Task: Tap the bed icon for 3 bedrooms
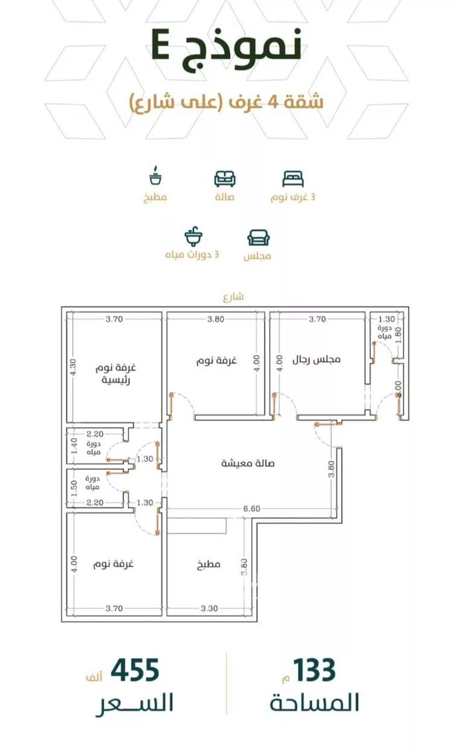pos(293,178)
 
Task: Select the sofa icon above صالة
pos(225,178)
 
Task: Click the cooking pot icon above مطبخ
pos(155,176)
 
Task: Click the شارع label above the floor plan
pos(233,297)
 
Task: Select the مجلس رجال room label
pos(316,359)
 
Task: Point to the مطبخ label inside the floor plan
pos(208,565)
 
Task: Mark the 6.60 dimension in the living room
pos(252,509)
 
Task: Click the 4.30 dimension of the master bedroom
pos(74,368)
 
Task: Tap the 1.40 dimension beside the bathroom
pos(74,447)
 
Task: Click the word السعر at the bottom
pos(134,704)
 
